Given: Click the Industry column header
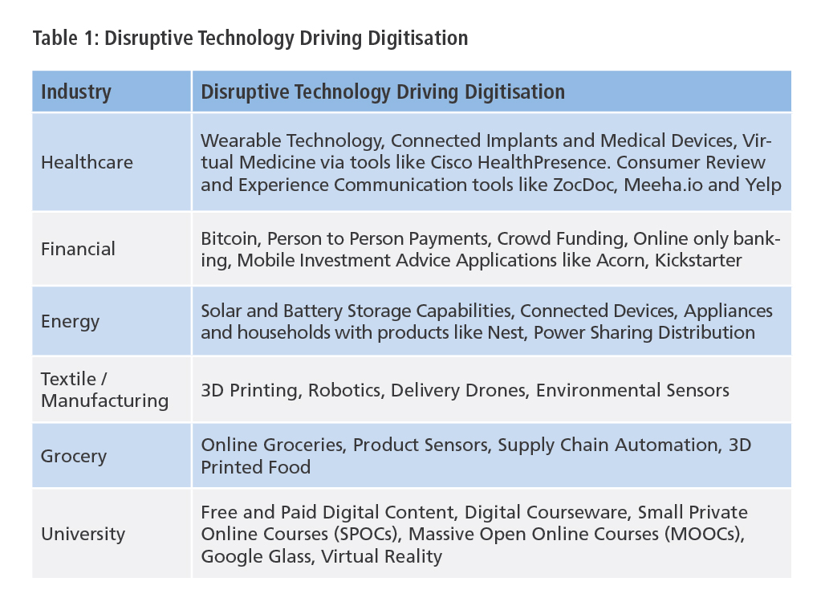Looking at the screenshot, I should click(x=75, y=91).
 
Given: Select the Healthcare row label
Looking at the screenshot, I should click(x=87, y=162).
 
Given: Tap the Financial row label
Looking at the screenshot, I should click(x=78, y=249).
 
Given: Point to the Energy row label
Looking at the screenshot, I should click(x=71, y=322).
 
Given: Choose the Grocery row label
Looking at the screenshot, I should click(x=74, y=457).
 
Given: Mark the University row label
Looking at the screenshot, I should click(x=82, y=534).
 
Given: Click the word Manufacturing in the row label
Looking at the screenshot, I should click(x=104, y=401).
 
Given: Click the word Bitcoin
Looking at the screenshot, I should click(x=230, y=238).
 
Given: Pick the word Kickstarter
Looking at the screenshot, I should click(x=699, y=260).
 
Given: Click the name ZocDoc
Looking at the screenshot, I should click(x=557, y=184).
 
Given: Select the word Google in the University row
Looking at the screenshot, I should click(x=230, y=556).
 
